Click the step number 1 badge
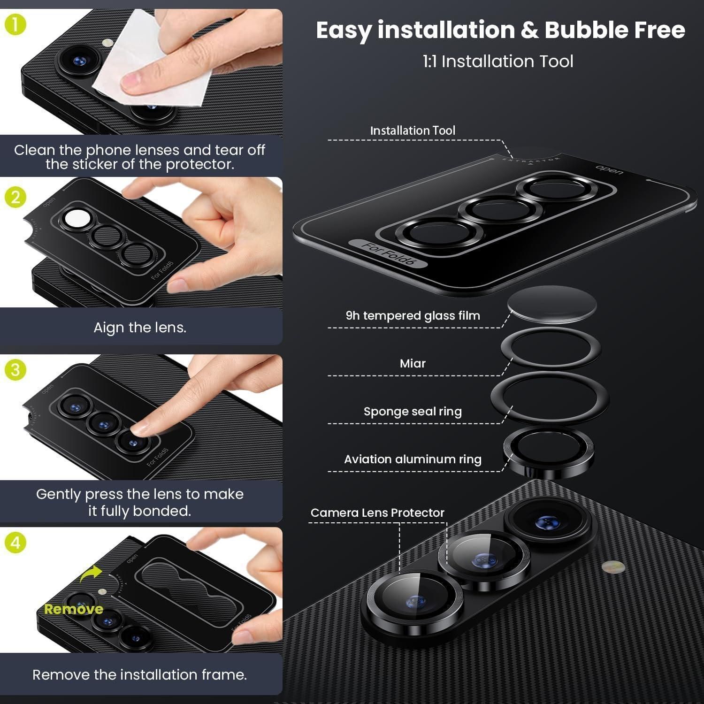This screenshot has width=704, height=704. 15,25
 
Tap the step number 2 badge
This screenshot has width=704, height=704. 15,197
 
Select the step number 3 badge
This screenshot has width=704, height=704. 15,370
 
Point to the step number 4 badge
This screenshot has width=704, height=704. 15,543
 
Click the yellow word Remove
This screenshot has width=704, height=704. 74,609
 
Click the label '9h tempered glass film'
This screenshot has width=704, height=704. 413,315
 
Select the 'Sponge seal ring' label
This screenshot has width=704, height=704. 413,412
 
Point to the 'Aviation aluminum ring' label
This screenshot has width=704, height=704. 413,459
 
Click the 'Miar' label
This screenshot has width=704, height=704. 413,363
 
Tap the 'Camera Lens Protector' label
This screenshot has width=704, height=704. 377,513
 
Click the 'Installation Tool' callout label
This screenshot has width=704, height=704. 413,130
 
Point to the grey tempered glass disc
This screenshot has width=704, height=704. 552,304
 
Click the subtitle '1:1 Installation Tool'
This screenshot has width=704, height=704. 498,61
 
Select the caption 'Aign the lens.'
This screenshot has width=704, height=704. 140,327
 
